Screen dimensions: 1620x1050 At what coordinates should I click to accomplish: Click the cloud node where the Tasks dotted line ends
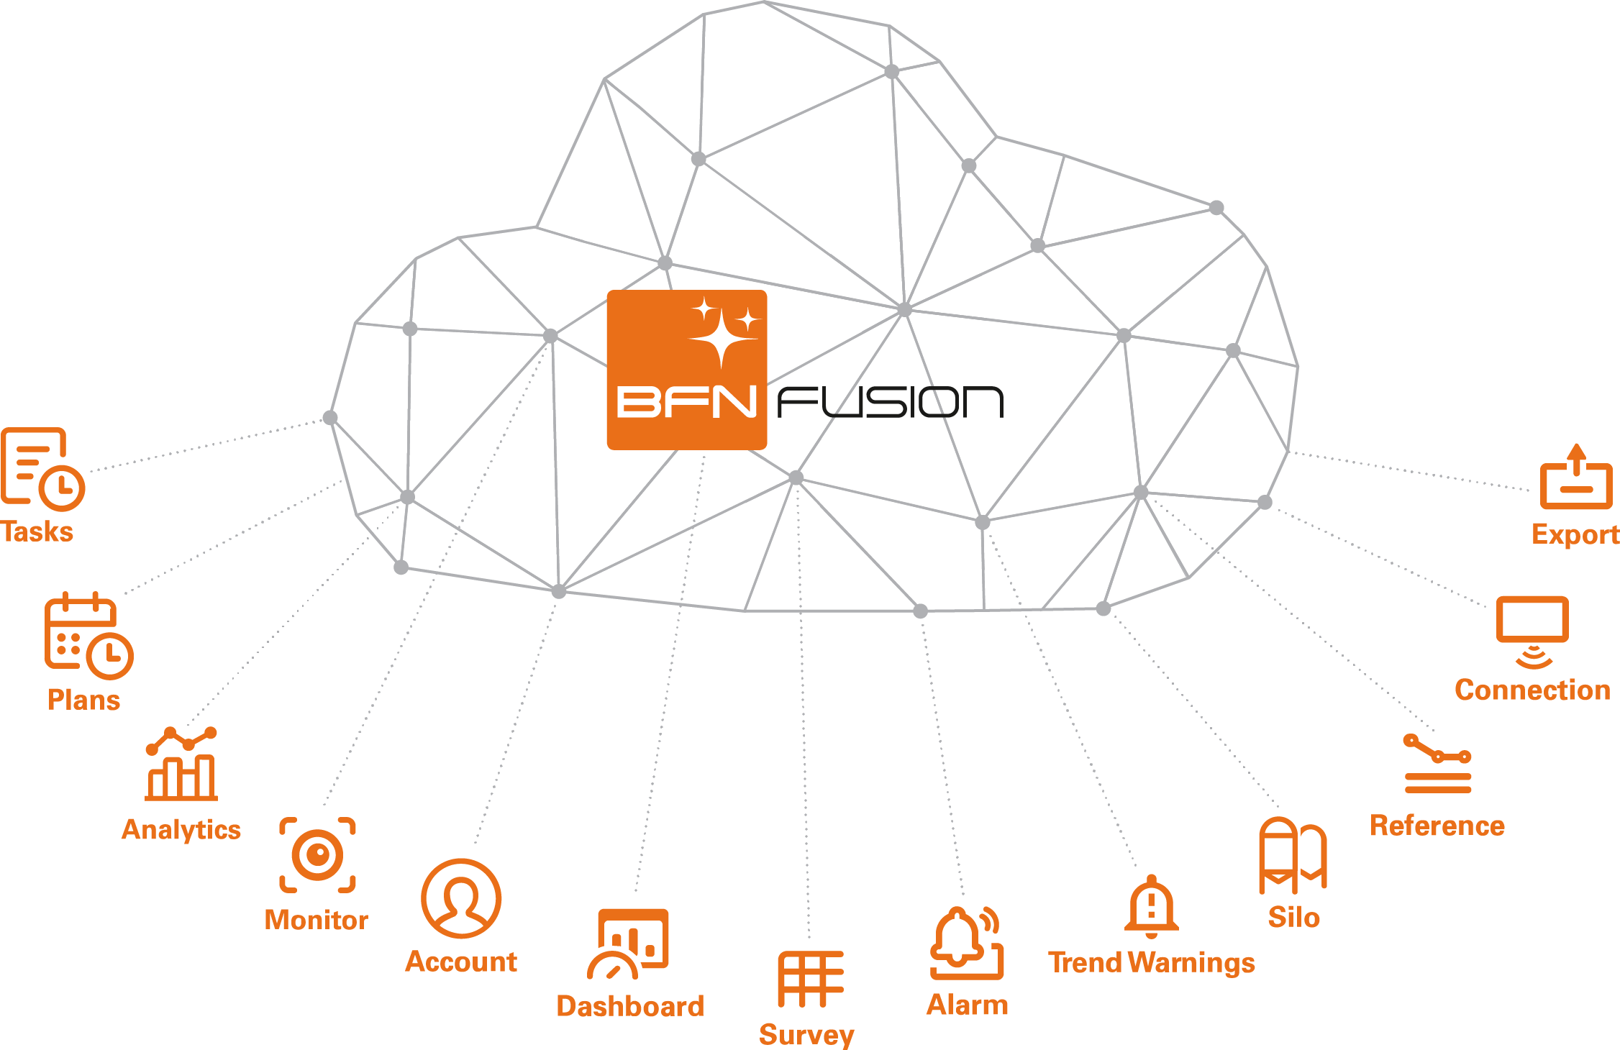tap(330, 418)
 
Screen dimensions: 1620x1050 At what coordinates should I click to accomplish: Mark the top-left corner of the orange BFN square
tap(608, 291)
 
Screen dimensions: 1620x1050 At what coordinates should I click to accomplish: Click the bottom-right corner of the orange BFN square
tap(767, 449)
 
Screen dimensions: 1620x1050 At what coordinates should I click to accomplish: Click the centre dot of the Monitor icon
tap(317, 854)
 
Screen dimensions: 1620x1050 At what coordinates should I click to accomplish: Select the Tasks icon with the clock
tap(43, 469)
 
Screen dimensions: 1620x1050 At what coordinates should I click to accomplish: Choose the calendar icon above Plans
tap(88, 636)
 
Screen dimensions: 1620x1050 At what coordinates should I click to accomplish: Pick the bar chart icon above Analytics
tap(181, 764)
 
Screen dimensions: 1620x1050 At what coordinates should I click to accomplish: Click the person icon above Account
tap(461, 898)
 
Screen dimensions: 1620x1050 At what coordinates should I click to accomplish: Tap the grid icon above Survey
tap(811, 979)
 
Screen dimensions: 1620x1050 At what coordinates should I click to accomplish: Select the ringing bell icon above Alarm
tap(967, 943)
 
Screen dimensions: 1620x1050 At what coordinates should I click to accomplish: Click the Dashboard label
tap(630, 1006)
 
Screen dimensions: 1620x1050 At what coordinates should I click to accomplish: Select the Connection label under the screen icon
tap(1532, 690)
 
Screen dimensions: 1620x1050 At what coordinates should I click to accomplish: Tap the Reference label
tap(1437, 826)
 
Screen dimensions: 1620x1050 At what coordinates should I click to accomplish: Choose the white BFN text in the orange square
tap(687, 402)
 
